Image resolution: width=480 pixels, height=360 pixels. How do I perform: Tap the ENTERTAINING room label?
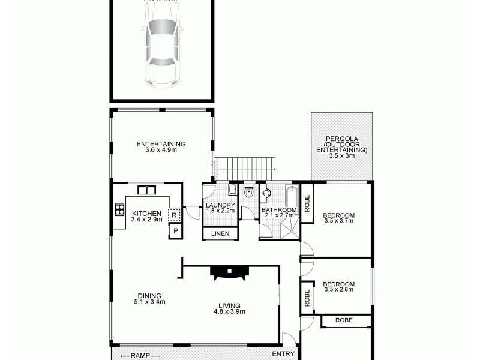coord(161,144)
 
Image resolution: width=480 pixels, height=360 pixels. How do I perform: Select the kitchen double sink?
coord(146,190)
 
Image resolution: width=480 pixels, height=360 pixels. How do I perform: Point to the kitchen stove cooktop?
coord(119,210)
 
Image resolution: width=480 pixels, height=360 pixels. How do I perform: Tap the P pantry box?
coord(175,231)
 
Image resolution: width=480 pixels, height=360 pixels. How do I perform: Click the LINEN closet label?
coord(220,233)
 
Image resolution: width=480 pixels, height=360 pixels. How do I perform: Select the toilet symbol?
coord(250,193)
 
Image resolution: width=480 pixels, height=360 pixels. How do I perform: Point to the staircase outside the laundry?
coord(244,169)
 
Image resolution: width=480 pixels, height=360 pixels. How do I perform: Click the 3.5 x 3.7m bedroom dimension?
coord(338,221)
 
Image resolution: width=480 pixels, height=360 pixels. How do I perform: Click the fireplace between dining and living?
coord(228,272)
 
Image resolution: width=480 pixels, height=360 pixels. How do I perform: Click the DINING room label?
coord(149,296)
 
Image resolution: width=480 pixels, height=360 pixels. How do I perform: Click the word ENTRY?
coord(283,354)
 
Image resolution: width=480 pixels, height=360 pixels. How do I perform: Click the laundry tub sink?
coord(232,190)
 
